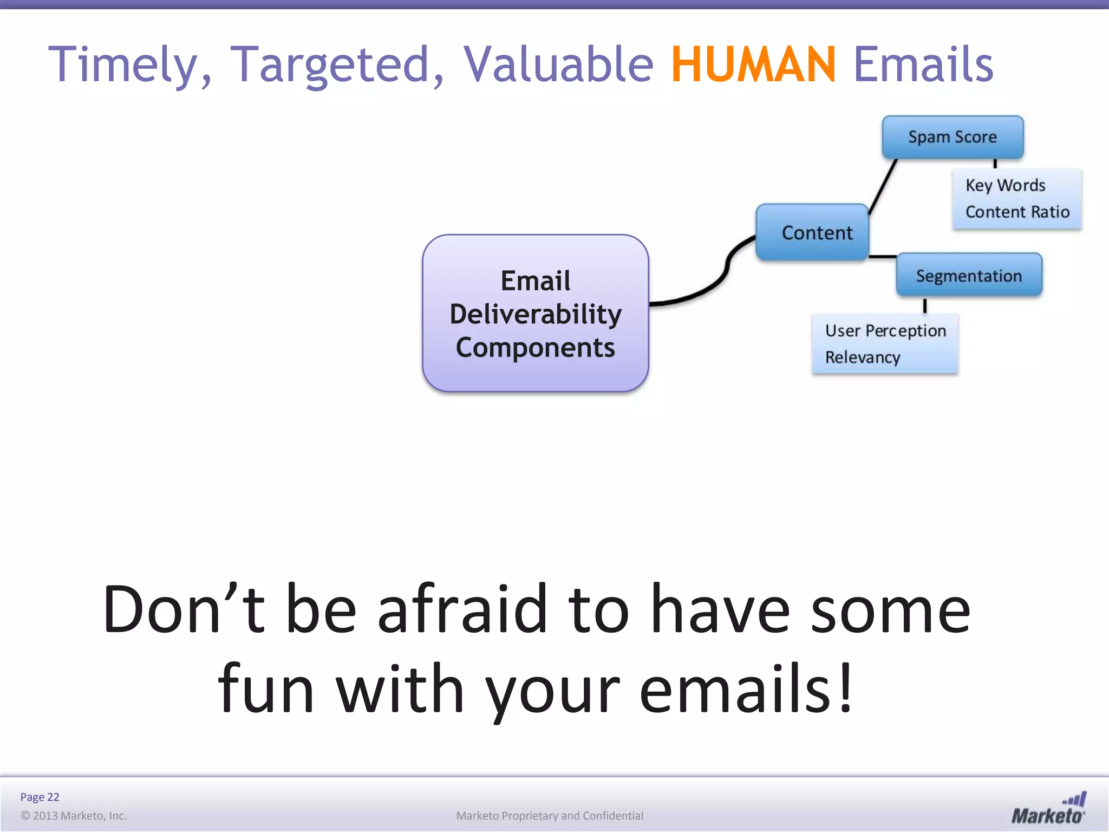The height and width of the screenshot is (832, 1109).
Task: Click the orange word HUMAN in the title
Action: pos(753,64)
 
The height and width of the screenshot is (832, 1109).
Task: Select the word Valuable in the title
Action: pos(558,64)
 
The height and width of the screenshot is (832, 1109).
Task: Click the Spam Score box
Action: pos(952,137)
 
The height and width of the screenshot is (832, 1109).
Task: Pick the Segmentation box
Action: pos(968,276)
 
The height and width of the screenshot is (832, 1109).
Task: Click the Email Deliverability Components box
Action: pos(535,314)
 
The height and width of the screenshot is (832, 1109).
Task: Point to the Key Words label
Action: pos(1005,186)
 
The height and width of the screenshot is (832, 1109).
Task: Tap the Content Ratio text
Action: pos(1017,212)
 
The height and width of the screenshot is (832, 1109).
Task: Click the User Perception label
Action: pos(885,331)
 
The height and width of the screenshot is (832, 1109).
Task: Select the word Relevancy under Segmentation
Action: pos(862,357)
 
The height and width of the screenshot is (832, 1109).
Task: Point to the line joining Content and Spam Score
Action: pos(883,186)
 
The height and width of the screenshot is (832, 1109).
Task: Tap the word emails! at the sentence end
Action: pos(746,690)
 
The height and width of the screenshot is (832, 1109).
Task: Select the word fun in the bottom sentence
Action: pos(265,690)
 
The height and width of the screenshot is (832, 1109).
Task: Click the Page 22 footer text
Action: pos(40,797)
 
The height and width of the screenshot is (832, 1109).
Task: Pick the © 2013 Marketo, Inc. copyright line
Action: pos(74,816)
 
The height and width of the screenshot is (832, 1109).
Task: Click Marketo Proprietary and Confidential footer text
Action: pos(549,816)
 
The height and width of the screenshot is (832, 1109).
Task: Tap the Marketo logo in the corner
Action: pos(1048,809)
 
